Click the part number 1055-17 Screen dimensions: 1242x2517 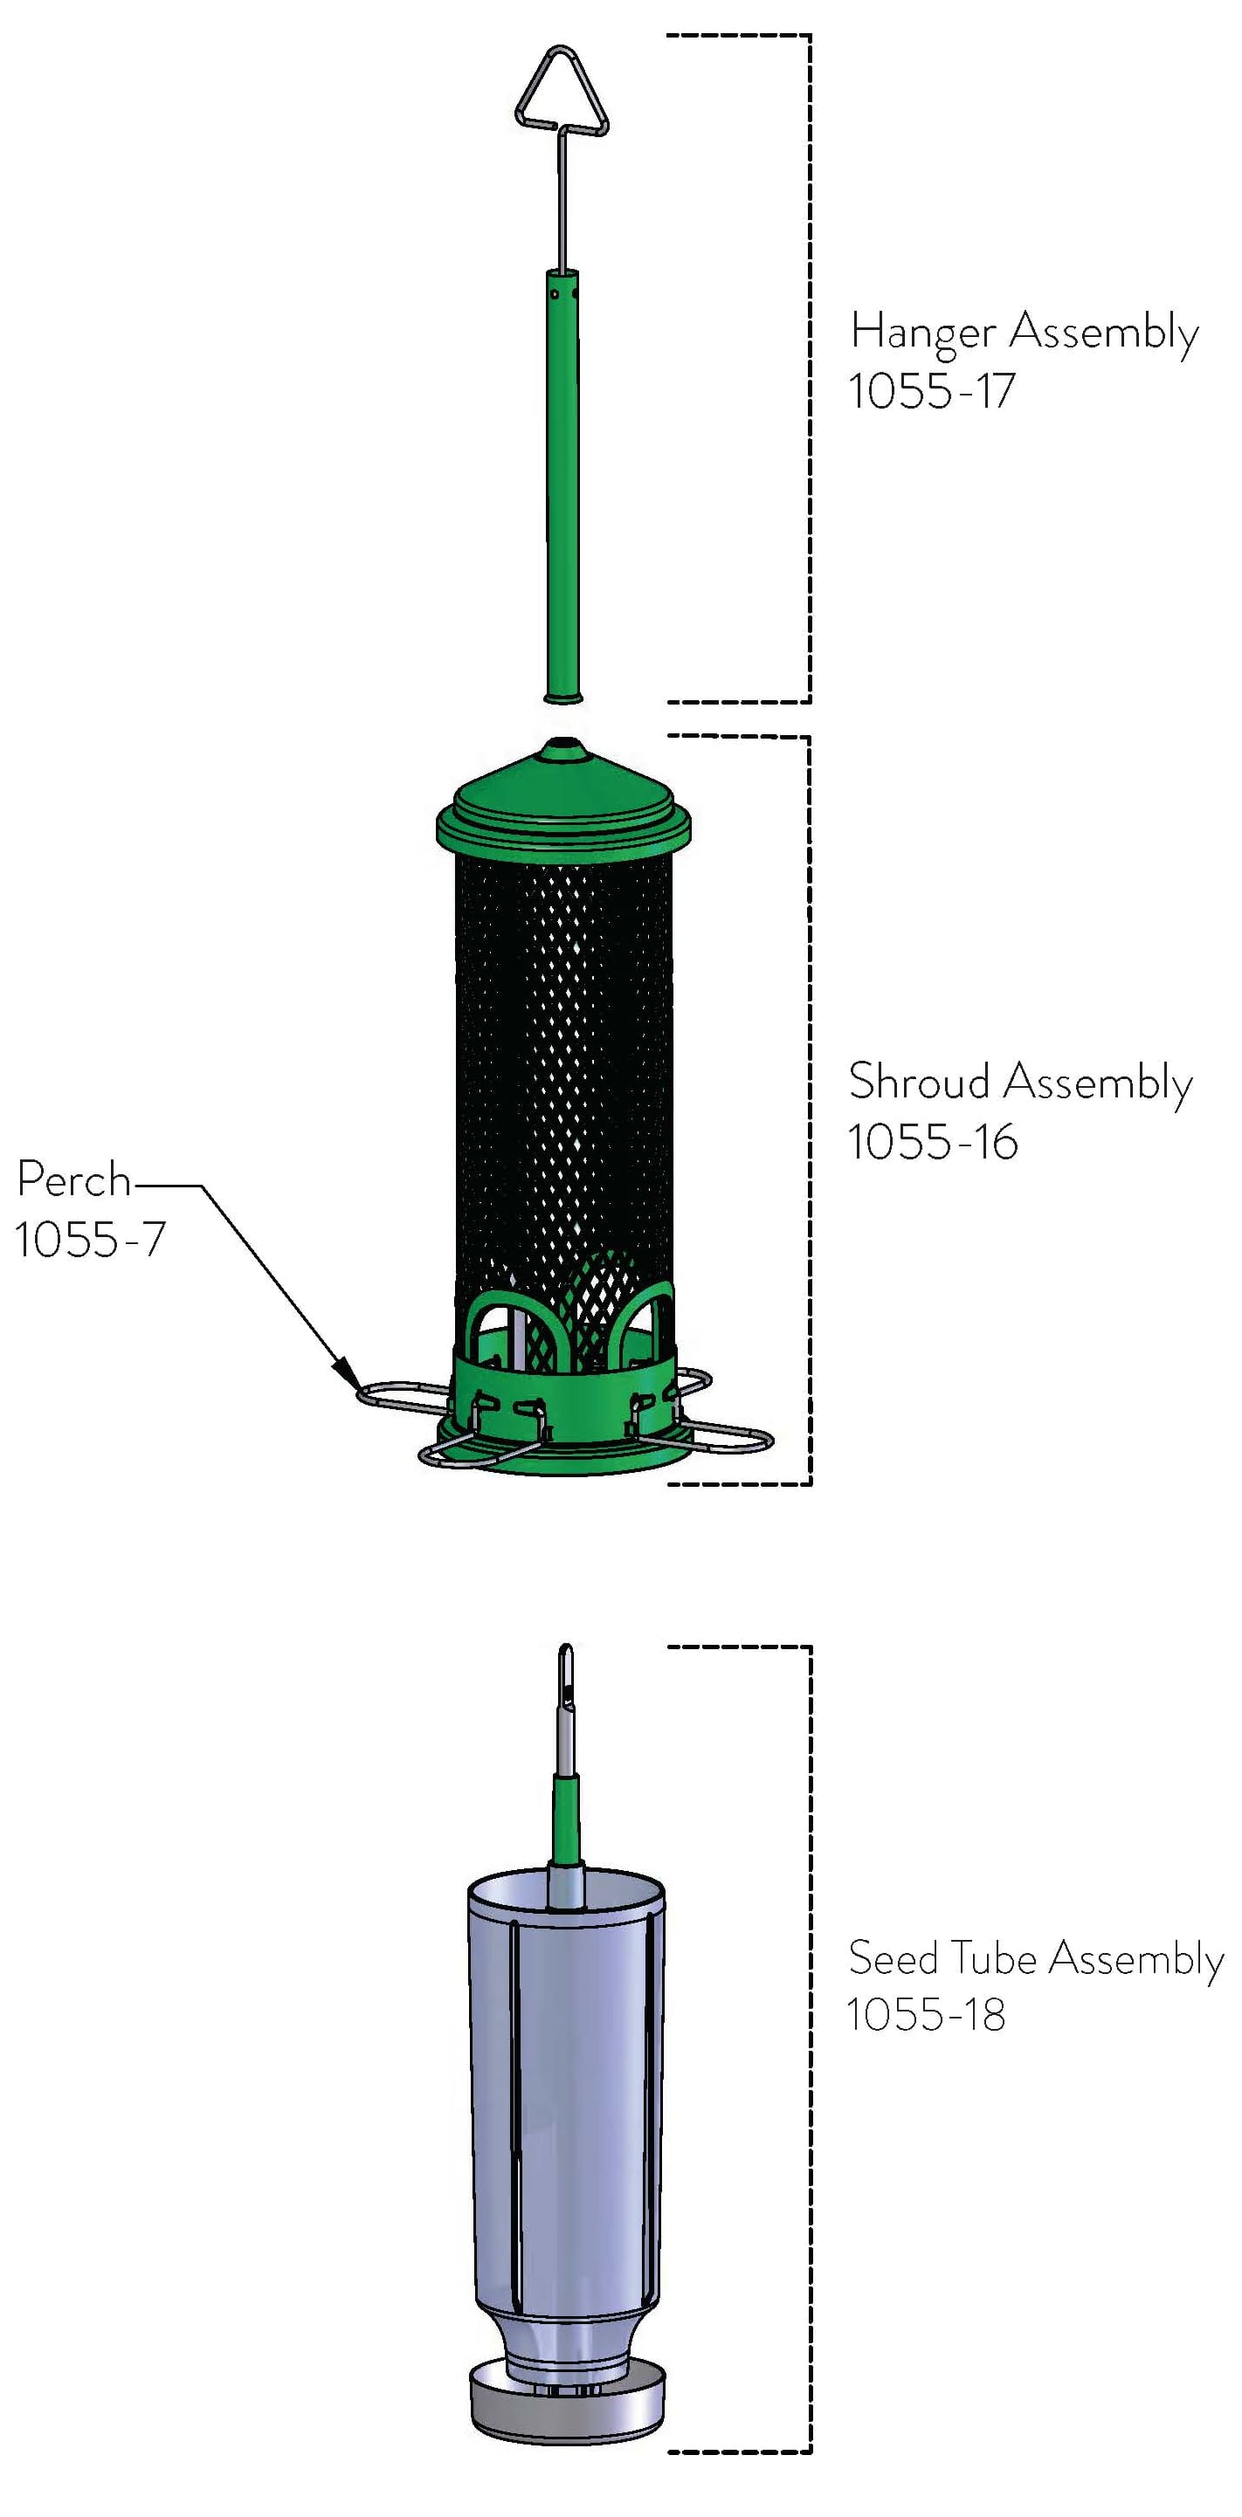click(931, 391)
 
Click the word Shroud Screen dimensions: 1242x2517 click(919, 1082)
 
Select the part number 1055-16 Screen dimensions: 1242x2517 click(932, 1141)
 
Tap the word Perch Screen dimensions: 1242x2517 click(73, 1179)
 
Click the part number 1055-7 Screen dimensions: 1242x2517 click(90, 1239)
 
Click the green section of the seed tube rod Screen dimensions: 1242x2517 click(566, 1819)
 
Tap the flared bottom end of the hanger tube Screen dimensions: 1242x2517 click(562, 697)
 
